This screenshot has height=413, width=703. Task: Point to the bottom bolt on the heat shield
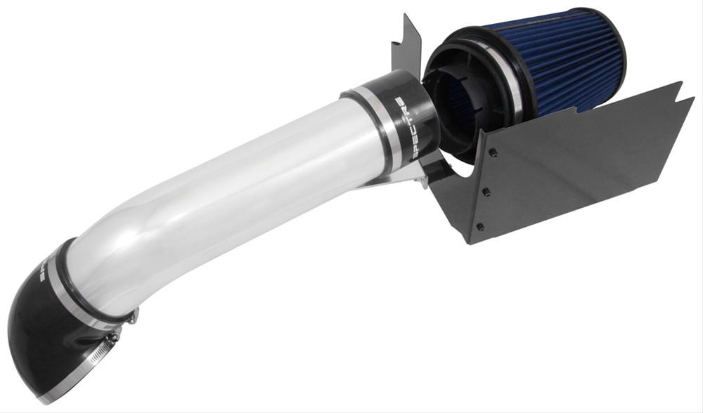coord(479,226)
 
